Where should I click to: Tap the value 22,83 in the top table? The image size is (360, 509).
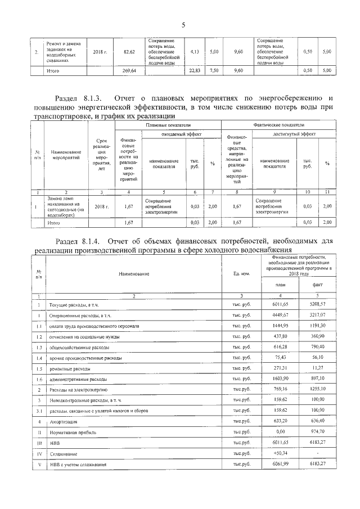195,71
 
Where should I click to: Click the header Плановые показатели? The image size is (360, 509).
168,124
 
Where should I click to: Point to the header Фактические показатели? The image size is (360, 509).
280,124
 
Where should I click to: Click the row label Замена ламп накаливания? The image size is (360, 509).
62,207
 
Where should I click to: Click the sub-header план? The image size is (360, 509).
280,285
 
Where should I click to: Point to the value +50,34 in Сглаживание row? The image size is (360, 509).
280,453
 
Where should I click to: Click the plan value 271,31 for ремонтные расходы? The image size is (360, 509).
280,368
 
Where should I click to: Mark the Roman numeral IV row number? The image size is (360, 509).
39,453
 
